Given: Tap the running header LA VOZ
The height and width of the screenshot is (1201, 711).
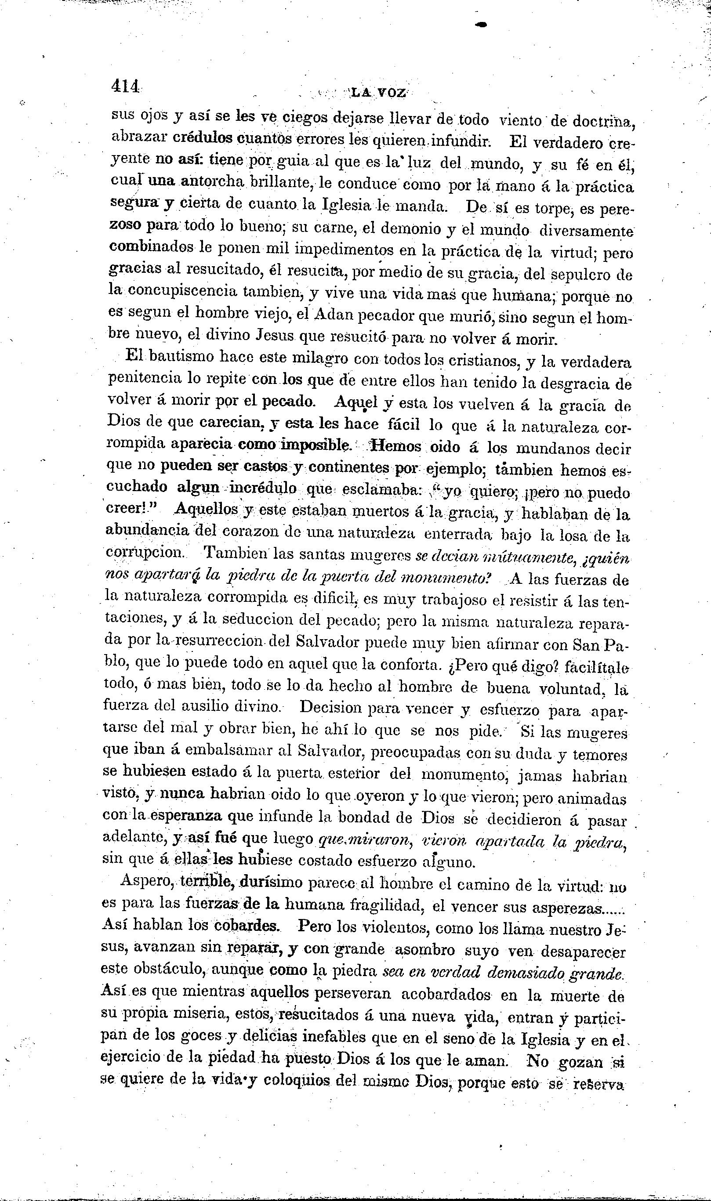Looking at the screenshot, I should (378, 92).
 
